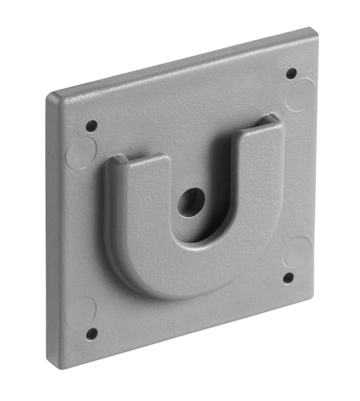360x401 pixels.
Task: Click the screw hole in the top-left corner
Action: tap(91, 126)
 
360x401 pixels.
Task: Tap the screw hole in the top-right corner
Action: tap(291, 73)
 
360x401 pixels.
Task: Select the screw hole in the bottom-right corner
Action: tap(288, 278)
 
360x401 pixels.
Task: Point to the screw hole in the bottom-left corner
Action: tap(91, 334)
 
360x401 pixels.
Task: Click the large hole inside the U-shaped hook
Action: tap(191, 202)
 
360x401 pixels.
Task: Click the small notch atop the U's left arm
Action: tap(119, 158)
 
